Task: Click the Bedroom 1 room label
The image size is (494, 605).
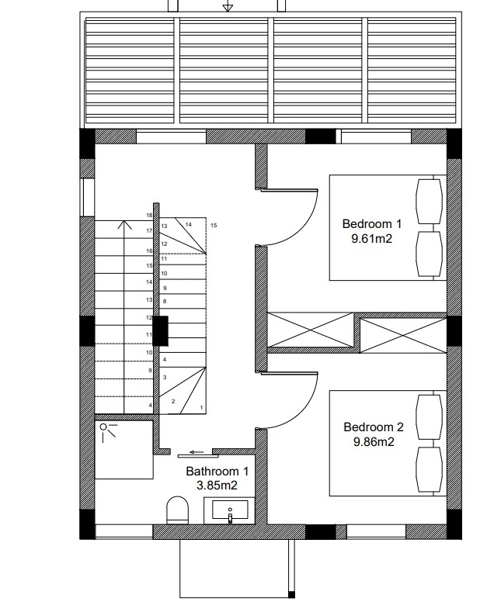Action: pos(371,224)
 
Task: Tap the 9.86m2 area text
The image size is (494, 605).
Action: pos(374,442)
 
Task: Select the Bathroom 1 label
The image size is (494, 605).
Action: pos(217,471)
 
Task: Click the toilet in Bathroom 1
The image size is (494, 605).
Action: pos(177,510)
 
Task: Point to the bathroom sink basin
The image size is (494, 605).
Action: pos(230,510)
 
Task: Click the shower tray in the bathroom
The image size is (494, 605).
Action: pos(124,450)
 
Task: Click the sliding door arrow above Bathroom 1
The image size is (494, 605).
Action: pos(197,452)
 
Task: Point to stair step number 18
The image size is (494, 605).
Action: pos(149,216)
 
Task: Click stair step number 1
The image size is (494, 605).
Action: pos(201,407)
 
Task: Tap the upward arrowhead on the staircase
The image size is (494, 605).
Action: pos(124,225)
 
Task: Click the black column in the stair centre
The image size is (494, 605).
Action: pos(161,330)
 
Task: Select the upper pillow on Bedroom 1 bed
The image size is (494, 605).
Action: pos(429,201)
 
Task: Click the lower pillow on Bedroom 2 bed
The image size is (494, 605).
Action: pos(429,469)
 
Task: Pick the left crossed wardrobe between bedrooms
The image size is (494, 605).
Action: pos(311,330)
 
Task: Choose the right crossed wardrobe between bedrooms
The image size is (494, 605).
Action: pos(403,335)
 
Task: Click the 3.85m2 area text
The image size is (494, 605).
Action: pos(217,486)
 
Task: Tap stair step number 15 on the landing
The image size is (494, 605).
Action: pos(214,226)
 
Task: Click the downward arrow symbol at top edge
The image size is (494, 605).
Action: pos(228,5)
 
